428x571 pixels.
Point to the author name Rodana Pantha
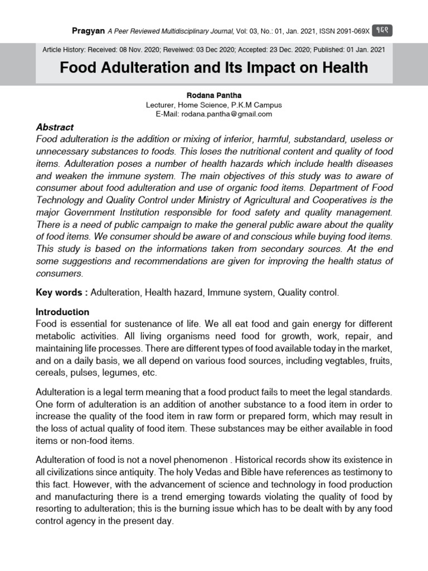(214, 95)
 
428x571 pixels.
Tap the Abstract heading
(55, 127)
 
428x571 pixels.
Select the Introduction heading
(62, 312)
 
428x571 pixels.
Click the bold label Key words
(60, 292)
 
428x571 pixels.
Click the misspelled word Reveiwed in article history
(174, 50)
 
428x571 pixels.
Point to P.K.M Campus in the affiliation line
(256, 105)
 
